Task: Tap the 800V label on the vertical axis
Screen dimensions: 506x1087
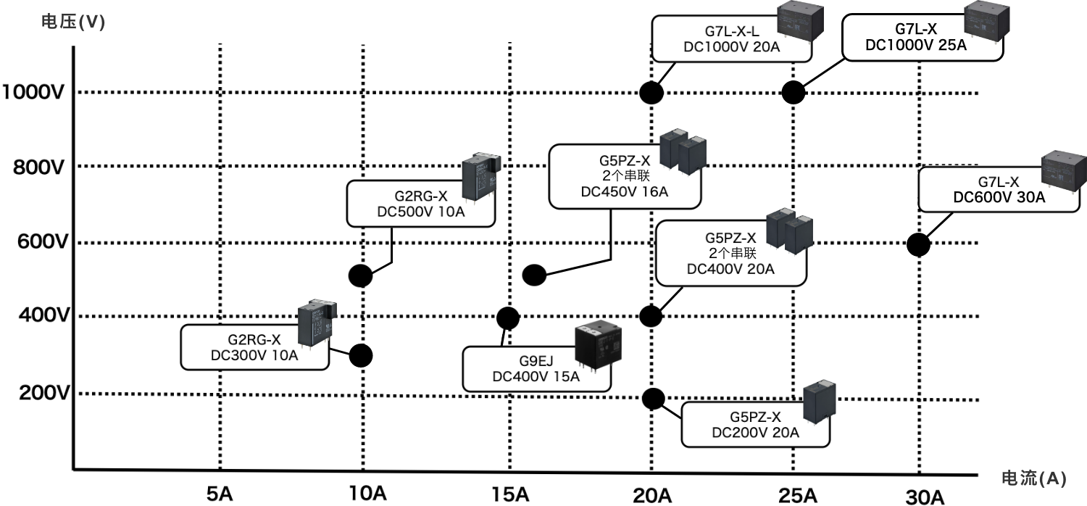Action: click(x=41, y=167)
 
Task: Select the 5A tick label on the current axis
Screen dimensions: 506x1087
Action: click(x=219, y=494)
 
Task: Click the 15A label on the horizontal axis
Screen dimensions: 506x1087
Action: click(x=510, y=494)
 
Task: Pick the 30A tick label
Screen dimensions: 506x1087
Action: click(x=925, y=497)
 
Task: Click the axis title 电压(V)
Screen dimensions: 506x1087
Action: click(x=73, y=22)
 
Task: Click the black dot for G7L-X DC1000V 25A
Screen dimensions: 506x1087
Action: click(x=794, y=93)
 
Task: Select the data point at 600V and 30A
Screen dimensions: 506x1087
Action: click(x=918, y=244)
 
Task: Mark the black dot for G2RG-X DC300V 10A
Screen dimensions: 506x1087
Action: click(x=361, y=355)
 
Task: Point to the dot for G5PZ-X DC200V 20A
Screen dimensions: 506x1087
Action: click(x=653, y=398)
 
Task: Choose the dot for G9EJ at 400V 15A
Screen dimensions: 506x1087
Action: click(x=508, y=318)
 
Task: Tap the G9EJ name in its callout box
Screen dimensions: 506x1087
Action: click(x=536, y=361)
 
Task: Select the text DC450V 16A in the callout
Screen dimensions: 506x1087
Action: click(x=625, y=192)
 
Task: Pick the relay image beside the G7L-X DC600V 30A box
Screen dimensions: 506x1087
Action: click(x=1064, y=171)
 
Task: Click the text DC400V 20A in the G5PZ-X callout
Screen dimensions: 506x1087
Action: click(x=730, y=269)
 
